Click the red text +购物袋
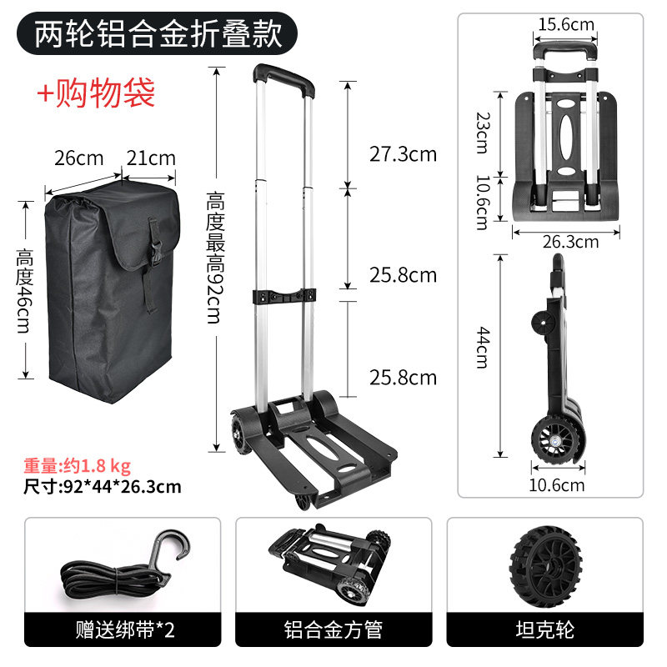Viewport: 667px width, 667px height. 96,93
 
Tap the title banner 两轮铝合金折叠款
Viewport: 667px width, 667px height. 157,33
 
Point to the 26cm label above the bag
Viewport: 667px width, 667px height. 79,158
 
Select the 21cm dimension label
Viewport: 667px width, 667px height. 151,158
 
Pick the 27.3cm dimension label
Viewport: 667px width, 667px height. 403,154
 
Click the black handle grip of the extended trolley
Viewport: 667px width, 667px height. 283,80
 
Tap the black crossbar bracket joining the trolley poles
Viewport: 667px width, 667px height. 284,296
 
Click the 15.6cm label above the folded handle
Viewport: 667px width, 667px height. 566,24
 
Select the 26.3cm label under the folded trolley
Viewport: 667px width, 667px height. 570,242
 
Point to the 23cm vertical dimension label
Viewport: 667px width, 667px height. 484,133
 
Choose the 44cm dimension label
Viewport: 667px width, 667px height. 484,348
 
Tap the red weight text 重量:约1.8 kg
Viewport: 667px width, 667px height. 77,466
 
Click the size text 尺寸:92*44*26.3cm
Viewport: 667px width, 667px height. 102,487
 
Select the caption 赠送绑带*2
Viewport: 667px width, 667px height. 125,630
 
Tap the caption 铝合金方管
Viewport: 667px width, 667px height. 333,630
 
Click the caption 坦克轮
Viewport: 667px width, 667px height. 545,630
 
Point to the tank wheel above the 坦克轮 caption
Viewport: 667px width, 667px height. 545,567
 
